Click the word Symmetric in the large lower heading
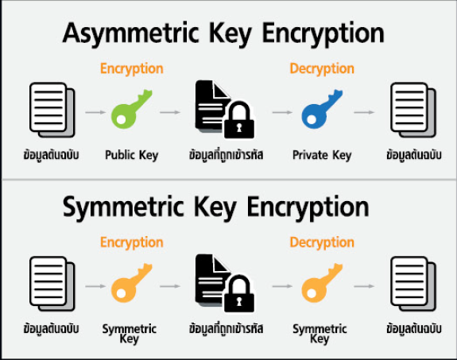123,207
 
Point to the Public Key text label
132,155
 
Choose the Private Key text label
322,155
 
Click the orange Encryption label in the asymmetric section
132,69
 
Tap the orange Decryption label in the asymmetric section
322,69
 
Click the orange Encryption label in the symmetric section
132,243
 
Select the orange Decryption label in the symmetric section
322,243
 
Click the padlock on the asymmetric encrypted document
239,120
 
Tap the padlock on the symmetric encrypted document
239,294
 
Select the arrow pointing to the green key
95,112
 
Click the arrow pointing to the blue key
282,112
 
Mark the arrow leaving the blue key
364,112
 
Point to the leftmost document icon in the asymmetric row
52,110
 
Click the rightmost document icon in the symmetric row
413,284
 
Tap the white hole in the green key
122,119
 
